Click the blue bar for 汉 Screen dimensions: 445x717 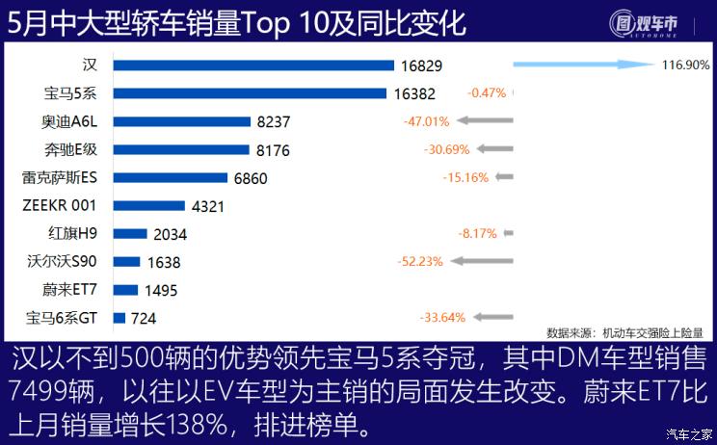[253, 65]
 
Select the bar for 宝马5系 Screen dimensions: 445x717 [251, 93]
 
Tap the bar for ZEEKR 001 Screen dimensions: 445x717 [148, 205]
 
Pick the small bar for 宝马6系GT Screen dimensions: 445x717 [119, 317]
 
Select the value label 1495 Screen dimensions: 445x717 [162, 290]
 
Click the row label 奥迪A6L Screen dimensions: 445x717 [70, 121]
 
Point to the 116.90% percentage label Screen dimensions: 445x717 [686, 65]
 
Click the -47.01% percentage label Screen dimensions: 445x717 [426, 121]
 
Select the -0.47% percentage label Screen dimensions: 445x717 [487, 93]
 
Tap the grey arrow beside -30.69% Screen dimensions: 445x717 [495, 149]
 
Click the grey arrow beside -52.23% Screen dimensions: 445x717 [485, 261]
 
